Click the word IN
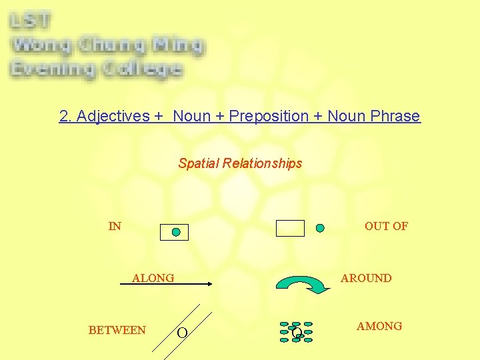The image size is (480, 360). point(115,226)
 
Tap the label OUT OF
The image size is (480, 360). point(386,226)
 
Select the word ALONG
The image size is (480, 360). point(153,278)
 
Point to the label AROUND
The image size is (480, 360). point(366,278)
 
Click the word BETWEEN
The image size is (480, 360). point(117,330)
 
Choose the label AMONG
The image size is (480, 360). point(379,326)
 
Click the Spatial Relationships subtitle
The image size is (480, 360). point(240,163)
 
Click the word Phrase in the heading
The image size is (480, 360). point(397,116)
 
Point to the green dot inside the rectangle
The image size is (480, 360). point(176,232)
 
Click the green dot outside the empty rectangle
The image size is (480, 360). point(320,228)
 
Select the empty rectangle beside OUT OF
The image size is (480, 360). point(290,228)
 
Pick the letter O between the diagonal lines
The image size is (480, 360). point(181,333)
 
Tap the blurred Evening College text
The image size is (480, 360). point(96,69)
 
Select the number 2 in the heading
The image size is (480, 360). point(63,116)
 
